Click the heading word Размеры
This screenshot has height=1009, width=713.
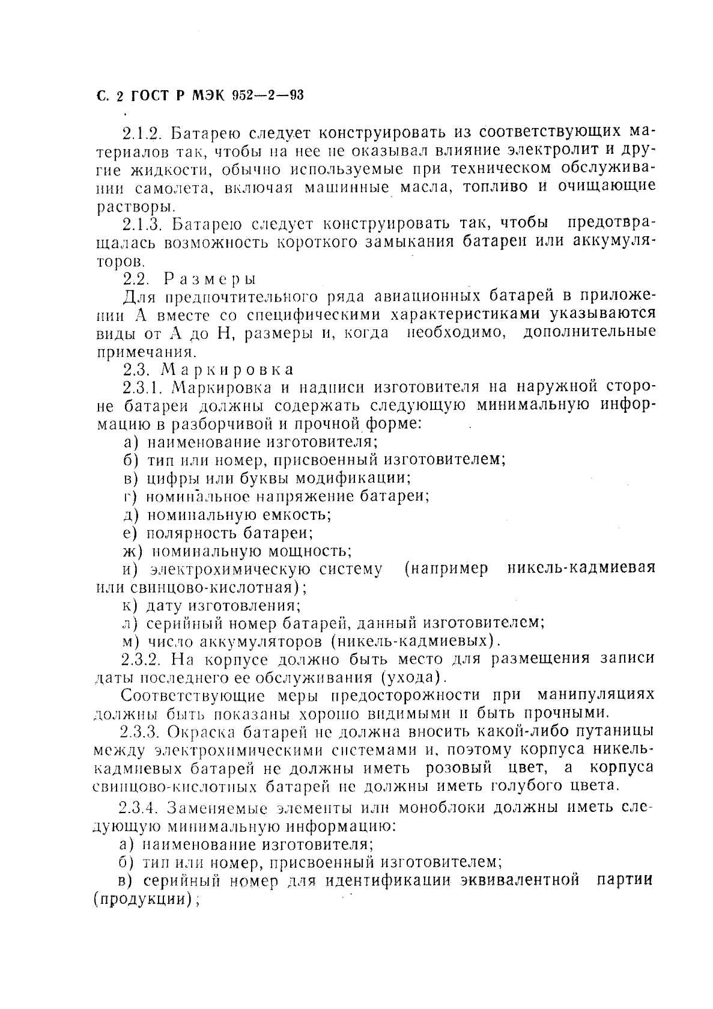[x=211, y=279]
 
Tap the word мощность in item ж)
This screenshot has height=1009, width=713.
[x=311, y=550]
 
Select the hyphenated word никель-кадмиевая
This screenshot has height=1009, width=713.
[x=581, y=569]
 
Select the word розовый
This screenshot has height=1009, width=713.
[x=459, y=768]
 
